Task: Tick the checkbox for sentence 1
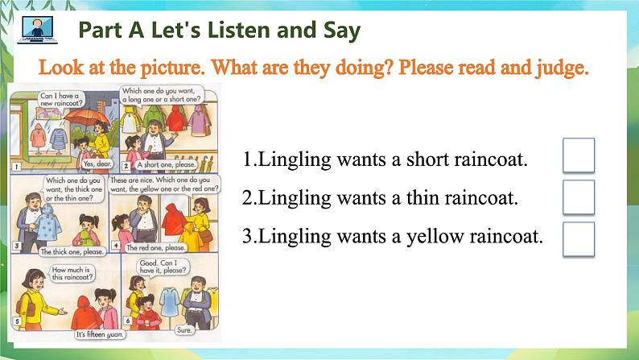point(578,155)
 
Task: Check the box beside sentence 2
point(578,197)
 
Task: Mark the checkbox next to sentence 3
point(578,238)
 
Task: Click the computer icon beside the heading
point(32,31)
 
